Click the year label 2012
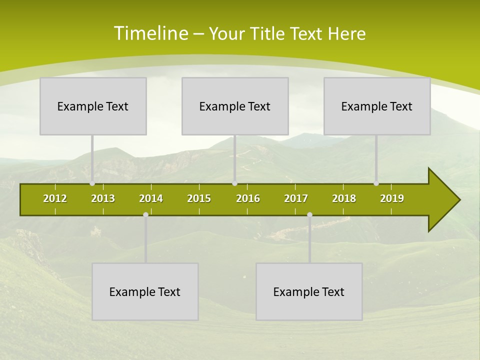(x=55, y=198)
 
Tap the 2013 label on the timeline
(x=103, y=198)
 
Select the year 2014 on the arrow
(x=151, y=198)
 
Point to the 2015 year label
(x=199, y=198)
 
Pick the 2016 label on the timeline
(x=248, y=198)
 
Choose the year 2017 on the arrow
(x=296, y=198)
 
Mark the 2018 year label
(x=344, y=198)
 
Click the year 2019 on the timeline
(x=392, y=198)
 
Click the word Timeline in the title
(x=151, y=33)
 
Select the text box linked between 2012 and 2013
(x=93, y=106)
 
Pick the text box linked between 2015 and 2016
(x=235, y=106)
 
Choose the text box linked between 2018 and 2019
(x=377, y=106)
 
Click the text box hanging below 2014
(x=145, y=291)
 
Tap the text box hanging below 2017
(x=309, y=291)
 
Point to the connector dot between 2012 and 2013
(x=92, y=183)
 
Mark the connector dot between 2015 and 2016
(x=235, y=183)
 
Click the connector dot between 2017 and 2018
(x=309, y=214)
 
